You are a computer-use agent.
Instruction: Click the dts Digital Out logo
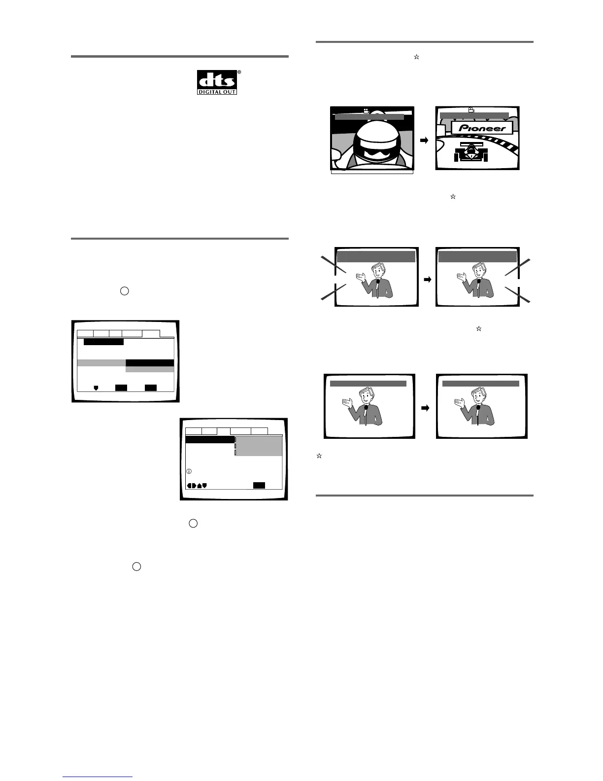coord(217,82)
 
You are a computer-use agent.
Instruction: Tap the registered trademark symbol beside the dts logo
coord(239,72)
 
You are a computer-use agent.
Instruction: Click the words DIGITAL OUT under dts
coord(217,92)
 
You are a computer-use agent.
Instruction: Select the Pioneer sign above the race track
coord(482,128)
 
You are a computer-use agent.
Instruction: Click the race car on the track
coord(470,152)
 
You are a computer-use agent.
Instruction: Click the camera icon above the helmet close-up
coord(366,111)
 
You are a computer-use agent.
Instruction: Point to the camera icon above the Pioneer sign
coord(471,110)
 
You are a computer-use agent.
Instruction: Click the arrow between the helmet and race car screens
coord(424,141)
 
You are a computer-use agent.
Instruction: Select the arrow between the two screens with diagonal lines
coord(427,280)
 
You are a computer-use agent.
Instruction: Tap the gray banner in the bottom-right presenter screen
coord(480,383)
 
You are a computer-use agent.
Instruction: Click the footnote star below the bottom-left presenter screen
coord(319,456)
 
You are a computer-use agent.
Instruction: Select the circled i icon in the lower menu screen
coord(189,471)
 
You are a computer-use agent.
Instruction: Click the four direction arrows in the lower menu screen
coord(197,485)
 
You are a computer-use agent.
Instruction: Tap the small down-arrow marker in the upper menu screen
coord(96,388)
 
